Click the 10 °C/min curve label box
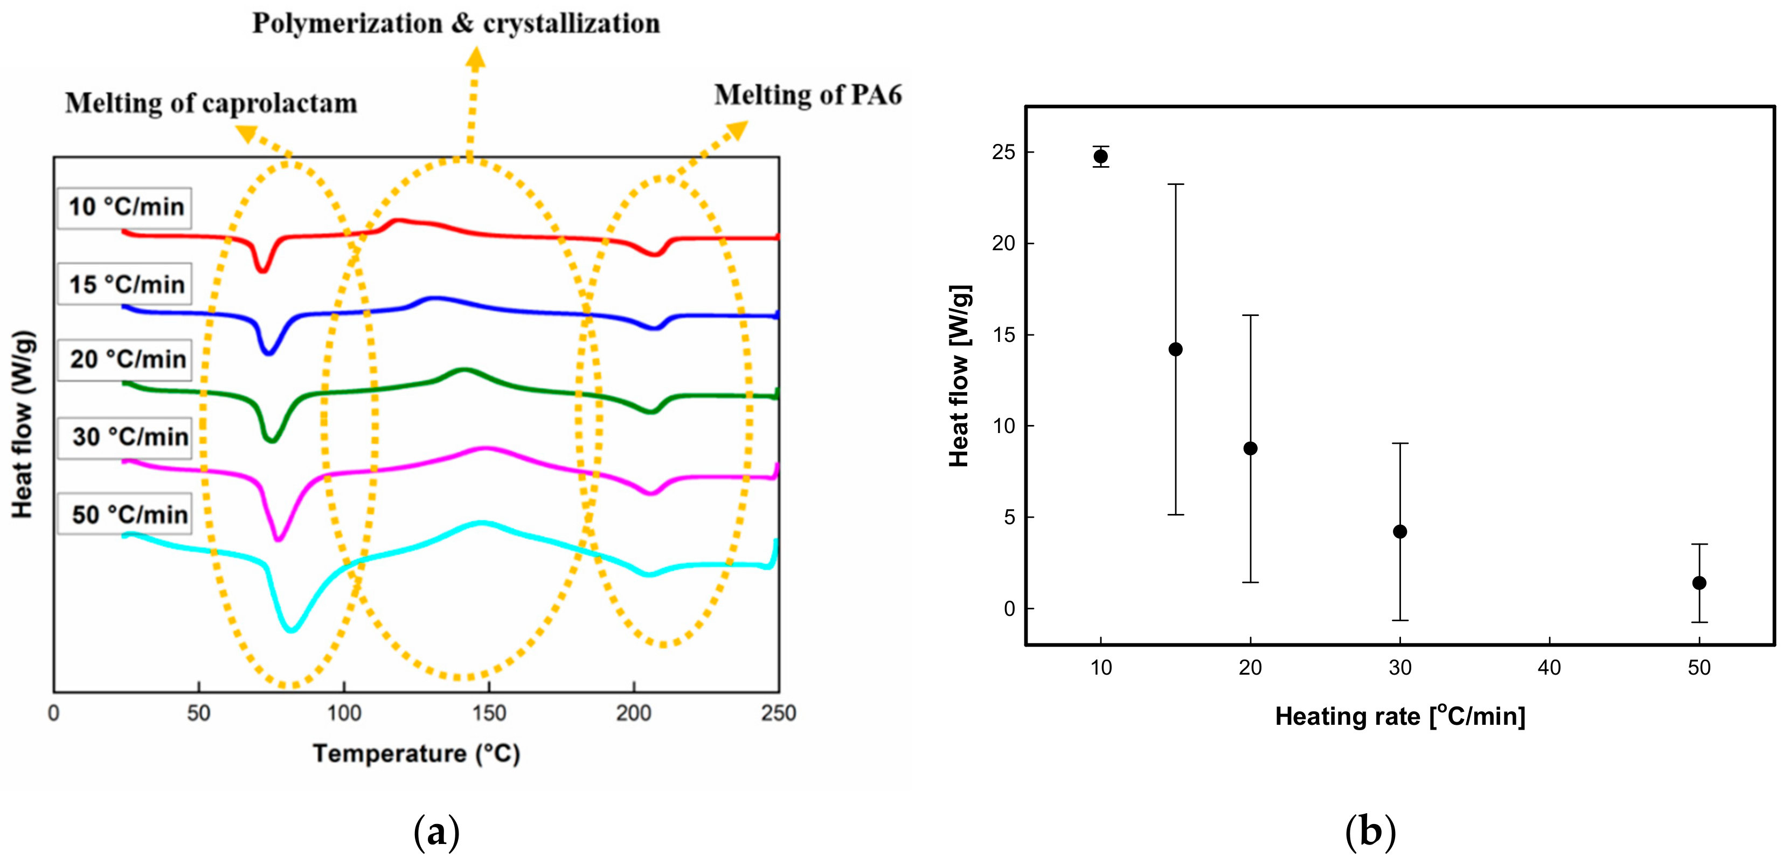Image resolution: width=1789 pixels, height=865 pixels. click(125, 208)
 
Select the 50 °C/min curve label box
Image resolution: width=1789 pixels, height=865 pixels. click(125, 515)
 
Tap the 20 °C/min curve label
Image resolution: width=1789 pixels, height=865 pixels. click(125, 360)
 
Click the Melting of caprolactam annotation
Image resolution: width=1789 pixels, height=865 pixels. click(211, 103)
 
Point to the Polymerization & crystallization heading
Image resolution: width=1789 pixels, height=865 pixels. click(455, 23)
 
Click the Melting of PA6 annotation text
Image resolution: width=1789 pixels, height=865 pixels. click(808, 94)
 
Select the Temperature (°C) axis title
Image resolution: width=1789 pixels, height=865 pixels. click(416, 754)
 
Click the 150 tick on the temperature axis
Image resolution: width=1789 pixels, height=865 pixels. click(489, 713)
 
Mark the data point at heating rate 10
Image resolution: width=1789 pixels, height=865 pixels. click(1101, 156)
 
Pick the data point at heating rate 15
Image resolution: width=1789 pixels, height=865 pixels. click(1176, 349)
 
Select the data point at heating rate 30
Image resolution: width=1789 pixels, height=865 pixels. click(1400, 532)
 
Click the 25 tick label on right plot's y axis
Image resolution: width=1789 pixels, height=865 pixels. click(1003, 152)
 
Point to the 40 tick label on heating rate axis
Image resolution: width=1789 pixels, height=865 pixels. click(1549, 668)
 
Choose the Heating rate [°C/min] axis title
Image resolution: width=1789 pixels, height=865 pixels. click(1400, 716)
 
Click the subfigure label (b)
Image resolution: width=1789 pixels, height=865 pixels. click(1370, 832)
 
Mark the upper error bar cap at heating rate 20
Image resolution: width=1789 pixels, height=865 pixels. click(1251, 315)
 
